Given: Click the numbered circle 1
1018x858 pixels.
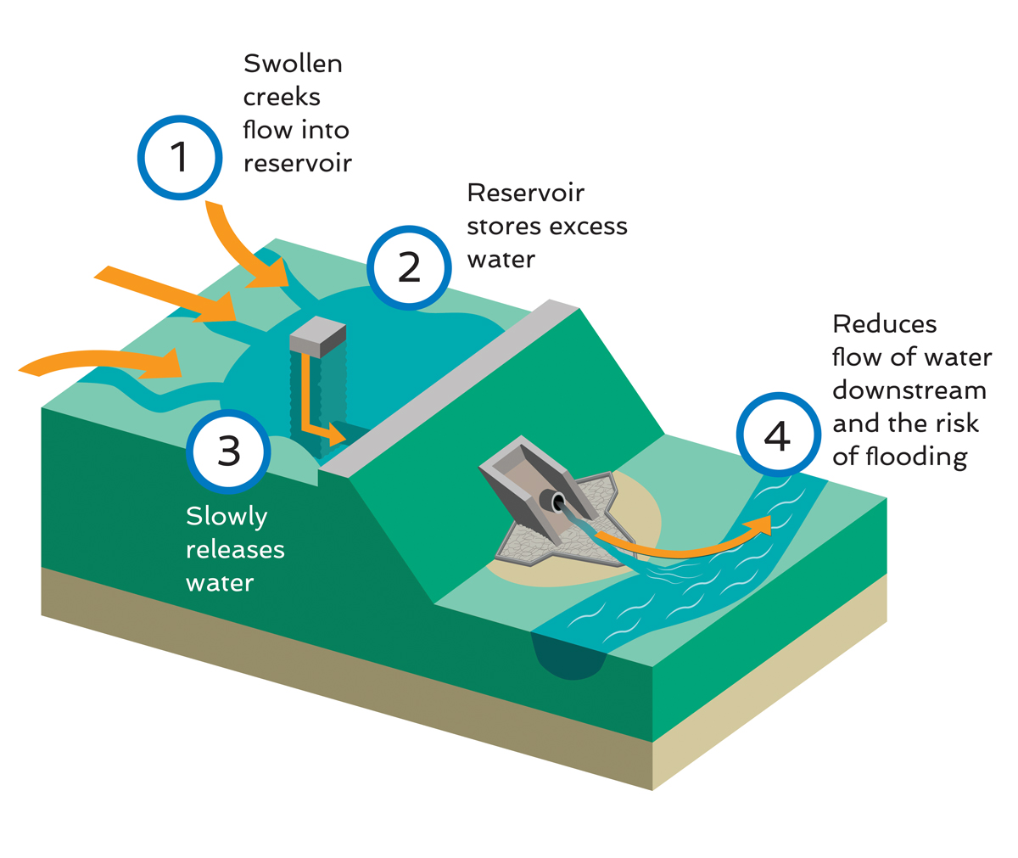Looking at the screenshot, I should (x=179, y=158).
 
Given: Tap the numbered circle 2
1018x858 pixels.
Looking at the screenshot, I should (x=410, y=267).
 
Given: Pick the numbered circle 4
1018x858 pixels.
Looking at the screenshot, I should (x=777, y=435).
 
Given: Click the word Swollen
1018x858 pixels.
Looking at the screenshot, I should (x=293, y=64).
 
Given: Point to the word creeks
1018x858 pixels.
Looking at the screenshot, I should (x=282, y=97).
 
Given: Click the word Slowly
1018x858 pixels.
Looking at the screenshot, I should (x=227, y=516).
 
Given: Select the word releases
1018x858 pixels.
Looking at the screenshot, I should (x=235, y=549).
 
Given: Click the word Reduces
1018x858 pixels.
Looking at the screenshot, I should (x=884, y=324).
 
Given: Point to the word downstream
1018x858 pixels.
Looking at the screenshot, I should (x=909, y=390).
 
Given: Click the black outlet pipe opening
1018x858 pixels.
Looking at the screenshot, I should (x=559, y=502).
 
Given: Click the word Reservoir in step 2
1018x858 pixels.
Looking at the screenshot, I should (x=525, y=193).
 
